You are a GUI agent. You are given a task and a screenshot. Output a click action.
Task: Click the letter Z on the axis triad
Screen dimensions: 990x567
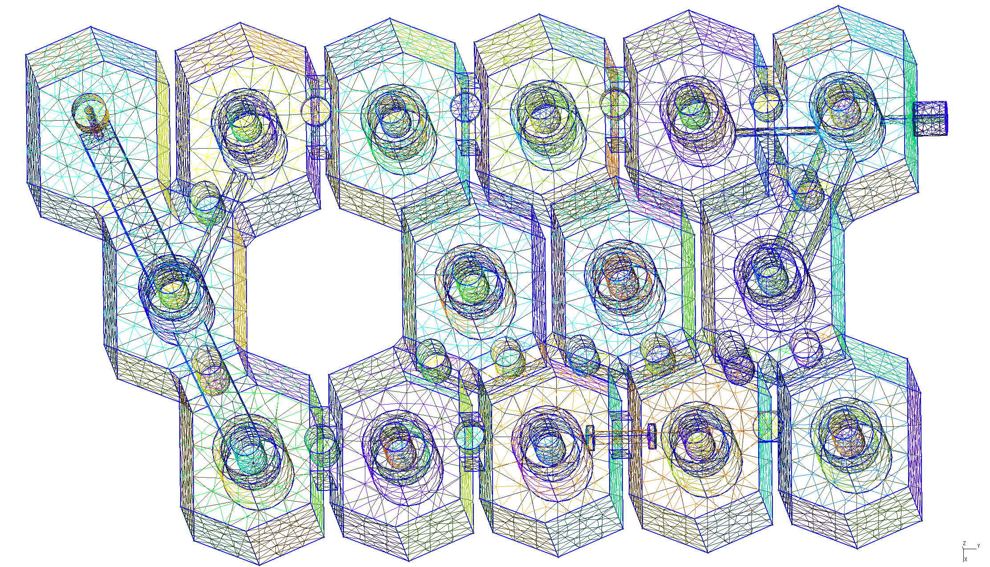pos(964,543)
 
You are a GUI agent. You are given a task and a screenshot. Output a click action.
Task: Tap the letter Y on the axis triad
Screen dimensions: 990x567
pos(978,546)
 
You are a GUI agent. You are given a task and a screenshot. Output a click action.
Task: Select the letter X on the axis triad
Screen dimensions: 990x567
pos(966,559)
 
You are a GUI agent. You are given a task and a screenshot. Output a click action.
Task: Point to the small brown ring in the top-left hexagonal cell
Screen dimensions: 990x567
pos(90,112)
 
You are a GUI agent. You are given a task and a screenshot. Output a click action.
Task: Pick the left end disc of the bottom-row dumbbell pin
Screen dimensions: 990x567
pos(590,437)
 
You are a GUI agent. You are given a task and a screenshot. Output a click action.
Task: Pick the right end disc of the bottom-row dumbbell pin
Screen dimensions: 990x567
pos(652,436)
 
